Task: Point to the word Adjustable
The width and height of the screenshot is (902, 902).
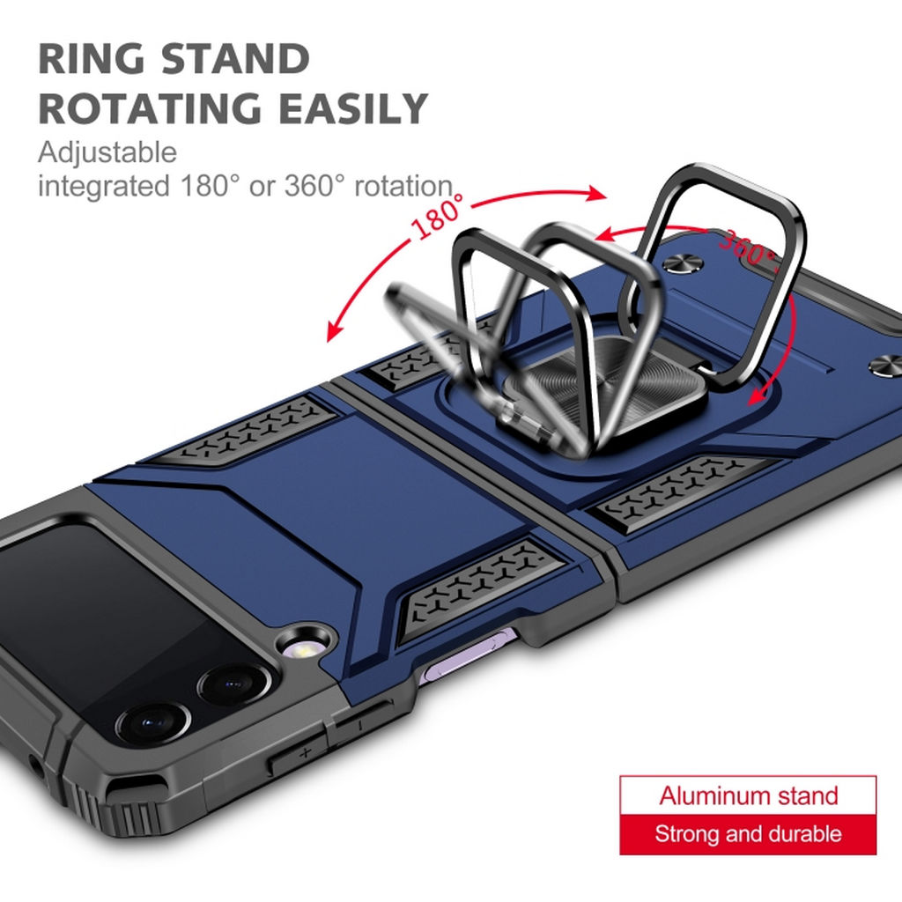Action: (x=107, y=153)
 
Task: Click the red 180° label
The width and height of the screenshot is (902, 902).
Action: (x=438, y=216)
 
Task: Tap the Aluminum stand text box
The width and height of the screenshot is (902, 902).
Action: (x=748, y=795)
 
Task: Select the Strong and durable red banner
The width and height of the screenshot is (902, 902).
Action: (x=748, y=834)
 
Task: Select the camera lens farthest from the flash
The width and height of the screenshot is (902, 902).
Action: (x=152, y=723)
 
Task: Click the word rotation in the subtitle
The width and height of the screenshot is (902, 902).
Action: (x=403, y=186)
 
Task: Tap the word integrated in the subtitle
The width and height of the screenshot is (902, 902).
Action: (x=104, y=187)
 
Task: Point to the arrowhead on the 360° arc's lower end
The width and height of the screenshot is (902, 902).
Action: (x=760, y=395)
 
